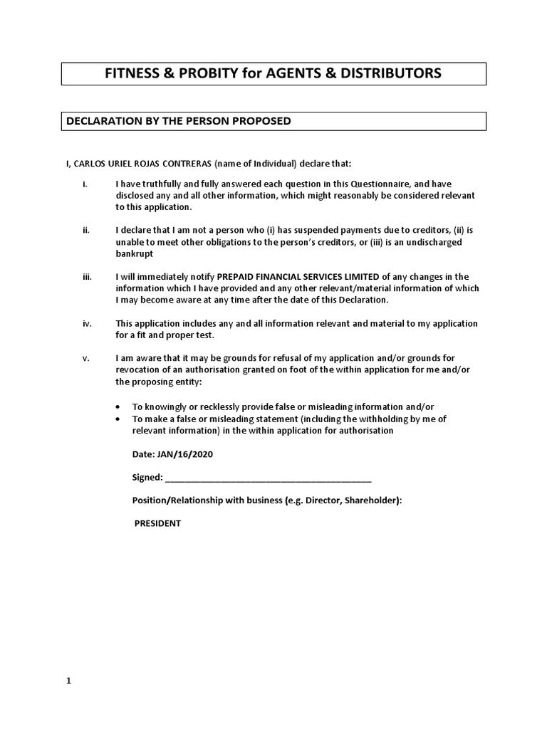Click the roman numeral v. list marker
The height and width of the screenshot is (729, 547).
[85, 358]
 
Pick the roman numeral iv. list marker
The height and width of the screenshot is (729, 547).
[87, 323]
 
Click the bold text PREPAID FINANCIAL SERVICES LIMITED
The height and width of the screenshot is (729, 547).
[298, 277]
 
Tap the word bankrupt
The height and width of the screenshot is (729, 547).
[134, 253]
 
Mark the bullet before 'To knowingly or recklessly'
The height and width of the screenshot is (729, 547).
[118, 405]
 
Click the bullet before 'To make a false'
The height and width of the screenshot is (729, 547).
[118, 419]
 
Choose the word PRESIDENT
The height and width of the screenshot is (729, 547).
[158, 523]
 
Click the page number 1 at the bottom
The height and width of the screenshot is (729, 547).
[69, 681]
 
